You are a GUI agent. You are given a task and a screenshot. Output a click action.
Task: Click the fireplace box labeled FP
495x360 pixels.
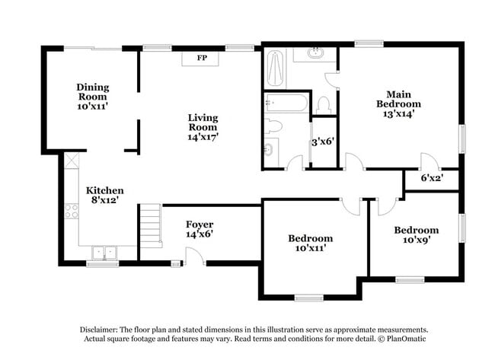pos(202,59)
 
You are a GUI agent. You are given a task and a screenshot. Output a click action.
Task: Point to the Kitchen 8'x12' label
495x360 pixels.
pos(104,196)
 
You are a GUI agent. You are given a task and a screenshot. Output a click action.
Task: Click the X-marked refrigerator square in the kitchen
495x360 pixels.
pos(72,161)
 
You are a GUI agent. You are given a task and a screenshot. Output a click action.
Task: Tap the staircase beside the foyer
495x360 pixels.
pos(150,225)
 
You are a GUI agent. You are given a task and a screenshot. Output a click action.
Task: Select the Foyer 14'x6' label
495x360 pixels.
pos(200,229)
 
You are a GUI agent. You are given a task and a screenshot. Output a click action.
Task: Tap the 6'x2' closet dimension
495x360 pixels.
pos(431,179)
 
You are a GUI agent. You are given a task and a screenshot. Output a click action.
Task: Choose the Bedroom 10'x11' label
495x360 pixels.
pos(310,244)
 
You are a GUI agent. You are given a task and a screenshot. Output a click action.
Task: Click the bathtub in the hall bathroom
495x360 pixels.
pos(286,102)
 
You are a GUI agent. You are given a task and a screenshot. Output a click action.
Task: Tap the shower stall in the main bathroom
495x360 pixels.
pos(275,69)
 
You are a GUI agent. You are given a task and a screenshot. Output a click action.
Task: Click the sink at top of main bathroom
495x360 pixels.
pos(316,53)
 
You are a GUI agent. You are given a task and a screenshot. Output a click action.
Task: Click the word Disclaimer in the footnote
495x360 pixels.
pos(104,330)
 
